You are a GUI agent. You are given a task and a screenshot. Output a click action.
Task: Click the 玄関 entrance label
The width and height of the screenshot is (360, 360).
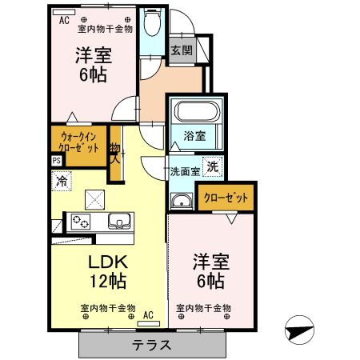[x=180, y=50]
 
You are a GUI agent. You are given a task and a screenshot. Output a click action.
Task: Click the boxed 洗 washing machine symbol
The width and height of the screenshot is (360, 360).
[x=213, y=167]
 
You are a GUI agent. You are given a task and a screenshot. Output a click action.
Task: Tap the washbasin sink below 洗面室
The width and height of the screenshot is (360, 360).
[x=181, y=201]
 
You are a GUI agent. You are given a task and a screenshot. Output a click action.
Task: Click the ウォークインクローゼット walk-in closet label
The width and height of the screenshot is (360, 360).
[x=79, y=142]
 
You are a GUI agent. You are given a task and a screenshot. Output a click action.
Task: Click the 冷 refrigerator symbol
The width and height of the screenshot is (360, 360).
[x=61, y=182]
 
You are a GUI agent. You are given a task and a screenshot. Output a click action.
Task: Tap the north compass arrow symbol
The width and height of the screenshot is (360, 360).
[x=298, y=328]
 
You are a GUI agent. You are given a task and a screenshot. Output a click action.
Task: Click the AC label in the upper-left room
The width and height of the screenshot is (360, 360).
[x=62, y=20]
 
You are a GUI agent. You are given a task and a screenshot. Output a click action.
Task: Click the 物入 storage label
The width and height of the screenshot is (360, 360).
[x=114, y=152]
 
